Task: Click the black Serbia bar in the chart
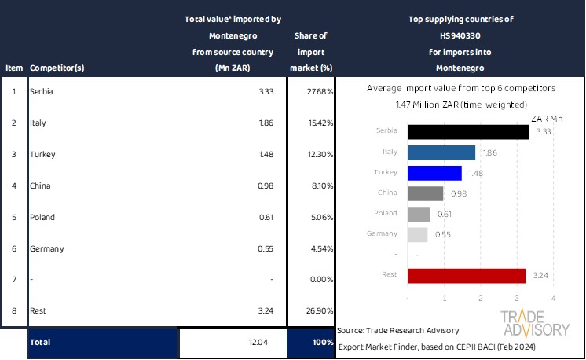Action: [x=468, y=131]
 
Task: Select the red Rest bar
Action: [x=467, y=275]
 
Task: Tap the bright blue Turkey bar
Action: [x=434, y=173]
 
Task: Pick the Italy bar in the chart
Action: [x=441, y=152]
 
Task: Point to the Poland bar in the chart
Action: [x=419, y=214]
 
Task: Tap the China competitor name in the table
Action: [x=41, y=186]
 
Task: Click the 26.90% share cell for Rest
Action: [x=318, y=311]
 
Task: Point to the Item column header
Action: [x=13, y=68]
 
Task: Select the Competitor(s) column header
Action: [x=57, y=68]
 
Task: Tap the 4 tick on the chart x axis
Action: [x=554, y=299]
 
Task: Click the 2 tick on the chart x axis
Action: [x=481, y=299]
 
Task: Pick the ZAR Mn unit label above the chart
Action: [x=546, y=118]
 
